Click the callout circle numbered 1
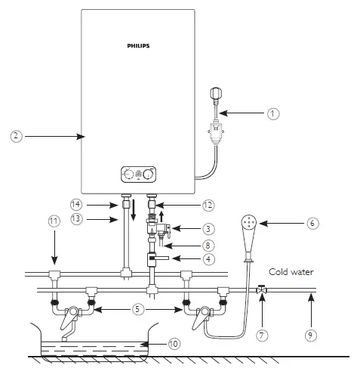[273, 113]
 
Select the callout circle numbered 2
[17, 136]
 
